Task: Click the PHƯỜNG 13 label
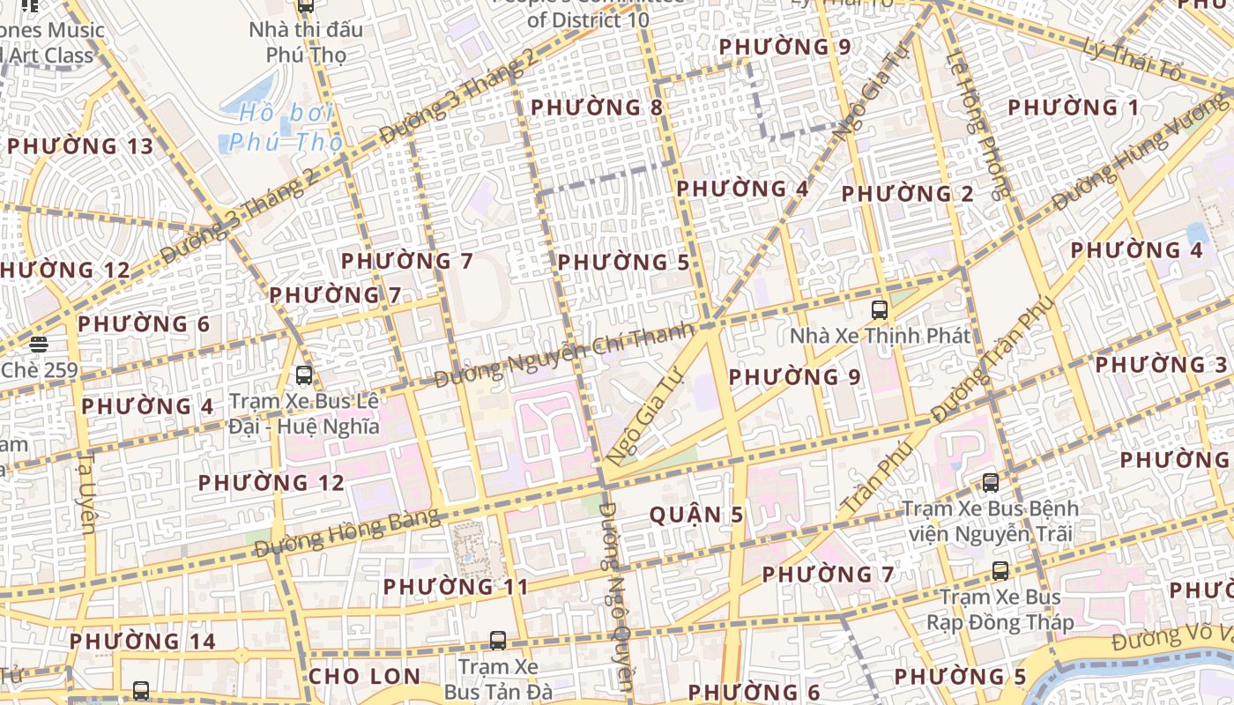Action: click(80, 146)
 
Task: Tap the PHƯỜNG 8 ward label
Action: click(597, 108)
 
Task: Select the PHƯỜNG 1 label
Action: click(1074, 108)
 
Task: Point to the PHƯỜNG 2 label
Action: click(908, 194)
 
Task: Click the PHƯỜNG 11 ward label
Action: click(456, 587)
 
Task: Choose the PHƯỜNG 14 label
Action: click(143, 642)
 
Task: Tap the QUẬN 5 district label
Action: click(696, 516)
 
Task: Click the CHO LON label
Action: click(364, 677)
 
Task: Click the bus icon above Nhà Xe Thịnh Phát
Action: click(879, 309)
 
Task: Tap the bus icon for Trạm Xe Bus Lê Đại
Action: click(304, 375)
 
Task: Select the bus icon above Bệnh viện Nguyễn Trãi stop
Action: click(991, 482)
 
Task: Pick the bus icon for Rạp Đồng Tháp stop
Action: click(1000, 570)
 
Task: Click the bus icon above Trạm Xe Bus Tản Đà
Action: click(498, 640)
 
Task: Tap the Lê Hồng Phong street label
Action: click(977, 123)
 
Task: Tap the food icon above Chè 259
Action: click(38, 345)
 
